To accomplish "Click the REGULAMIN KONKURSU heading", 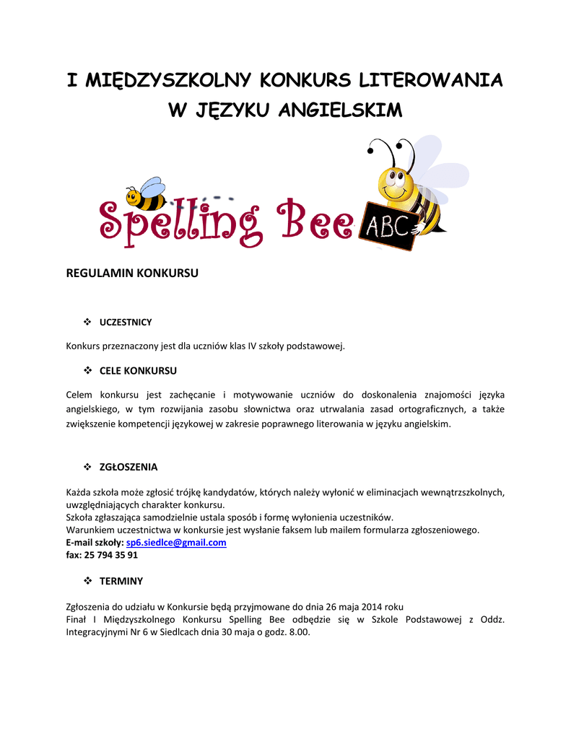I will tap(132, 274).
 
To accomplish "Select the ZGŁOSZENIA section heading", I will tap(128, 467).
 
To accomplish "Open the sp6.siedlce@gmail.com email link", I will tap(176, 543).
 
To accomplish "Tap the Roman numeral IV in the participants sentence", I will tap(253, 346).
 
